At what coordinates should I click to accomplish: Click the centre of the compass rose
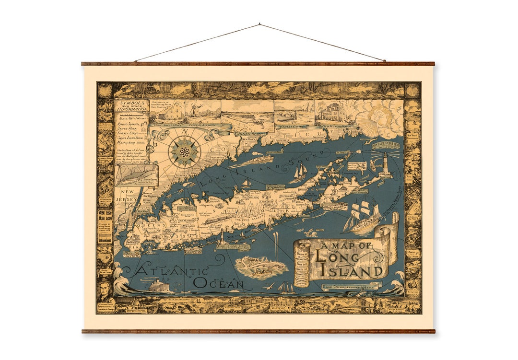coord(182,151)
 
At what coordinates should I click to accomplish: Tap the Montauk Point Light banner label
coord(387,144)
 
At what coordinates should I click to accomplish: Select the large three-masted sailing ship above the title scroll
coord(363,217)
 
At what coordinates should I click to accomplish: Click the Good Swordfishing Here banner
coord(349,287)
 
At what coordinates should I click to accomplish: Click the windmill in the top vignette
coord(195,110)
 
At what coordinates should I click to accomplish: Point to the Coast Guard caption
coord(292,127)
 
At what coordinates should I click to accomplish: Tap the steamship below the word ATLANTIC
coord(162,287)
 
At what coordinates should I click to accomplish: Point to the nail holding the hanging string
coord(259,23)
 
